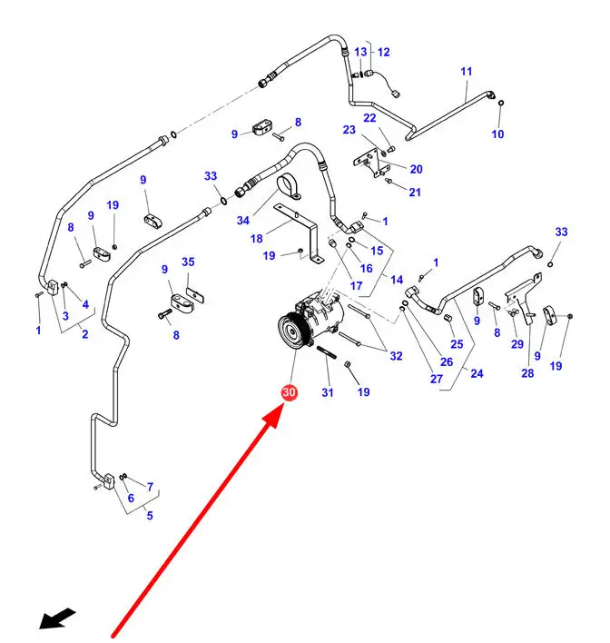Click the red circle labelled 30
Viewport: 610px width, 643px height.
pos(290,393)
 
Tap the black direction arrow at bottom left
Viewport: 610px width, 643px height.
pos(56,619)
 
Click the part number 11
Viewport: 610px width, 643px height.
pos(467,72)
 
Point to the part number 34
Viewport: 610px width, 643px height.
pos(243,221)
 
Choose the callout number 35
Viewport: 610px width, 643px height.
pos(188,262)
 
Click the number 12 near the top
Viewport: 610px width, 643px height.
pos(382,53)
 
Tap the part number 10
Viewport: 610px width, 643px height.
pos(497,134)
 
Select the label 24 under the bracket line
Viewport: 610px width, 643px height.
pos(477,373)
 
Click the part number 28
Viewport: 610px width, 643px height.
pos(527,373)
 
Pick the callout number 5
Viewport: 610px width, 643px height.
pos(150,516)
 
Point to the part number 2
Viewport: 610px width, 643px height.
pos(84,334)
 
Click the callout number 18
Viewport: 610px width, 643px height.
pos(257,238)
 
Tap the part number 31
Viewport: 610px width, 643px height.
pos(328,392)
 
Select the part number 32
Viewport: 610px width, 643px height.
pos(396,356)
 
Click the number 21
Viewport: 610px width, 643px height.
pos(415,193)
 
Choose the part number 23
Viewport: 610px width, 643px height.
pos(349,130)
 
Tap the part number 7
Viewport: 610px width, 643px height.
pos(150,487)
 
